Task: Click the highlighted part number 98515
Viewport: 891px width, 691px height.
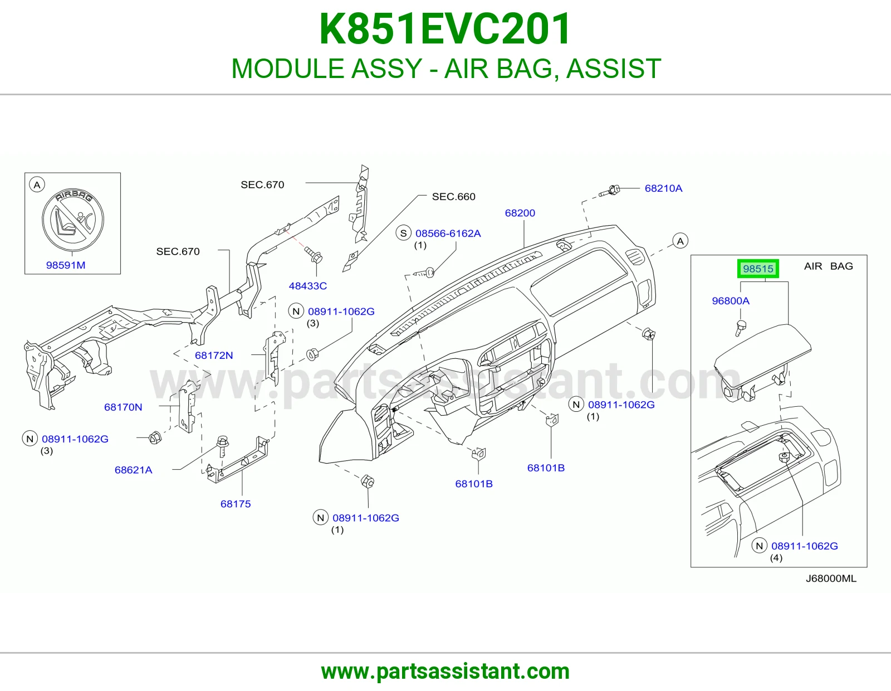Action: pyautogui.click(x=758, y=269)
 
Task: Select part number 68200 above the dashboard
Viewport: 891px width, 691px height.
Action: pyautogui.click(x=520, y=213)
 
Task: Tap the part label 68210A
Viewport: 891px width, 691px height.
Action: pyautogui.click(x=663, y=188)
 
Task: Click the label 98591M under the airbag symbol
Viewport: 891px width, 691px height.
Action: pyautogui.click(x=66, y=265)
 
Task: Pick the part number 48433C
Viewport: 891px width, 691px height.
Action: pyautogui.click(x=307, y=286)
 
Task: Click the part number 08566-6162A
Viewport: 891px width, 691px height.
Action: pyautogui.click(x=448, y=233)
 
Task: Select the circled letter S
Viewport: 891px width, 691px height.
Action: pyautogui.click(x=404, y=233)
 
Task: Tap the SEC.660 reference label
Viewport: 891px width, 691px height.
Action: pyautogui.click(x=453, y=197)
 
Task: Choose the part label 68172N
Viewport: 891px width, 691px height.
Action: pyautogui.click(x=214, y=356)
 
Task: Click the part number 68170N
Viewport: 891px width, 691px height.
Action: pyautogui.click(x=123, y=407)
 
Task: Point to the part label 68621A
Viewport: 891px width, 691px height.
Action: pyautogui.click(x=133, y=470)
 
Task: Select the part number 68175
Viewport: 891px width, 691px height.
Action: pyautogui.click(x=236, y=504)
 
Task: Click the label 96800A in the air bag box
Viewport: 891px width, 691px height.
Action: pyautogui.click(x=730, y=301)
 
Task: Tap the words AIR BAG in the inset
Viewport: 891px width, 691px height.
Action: pyautogui.click(x=828, y=266)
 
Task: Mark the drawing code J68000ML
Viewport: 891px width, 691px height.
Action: pyautogui.click(x=831, y=578)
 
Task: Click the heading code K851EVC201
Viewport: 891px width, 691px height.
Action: pyautogui.click(x=445, y=29)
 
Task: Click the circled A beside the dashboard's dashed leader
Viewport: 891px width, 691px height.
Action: pyautogui.click(x=681, y=241)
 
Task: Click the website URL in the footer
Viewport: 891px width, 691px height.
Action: pyautogui.click(x=445, y=671)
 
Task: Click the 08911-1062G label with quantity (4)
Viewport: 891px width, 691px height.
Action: pyautogui.click(x=805, y=546)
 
